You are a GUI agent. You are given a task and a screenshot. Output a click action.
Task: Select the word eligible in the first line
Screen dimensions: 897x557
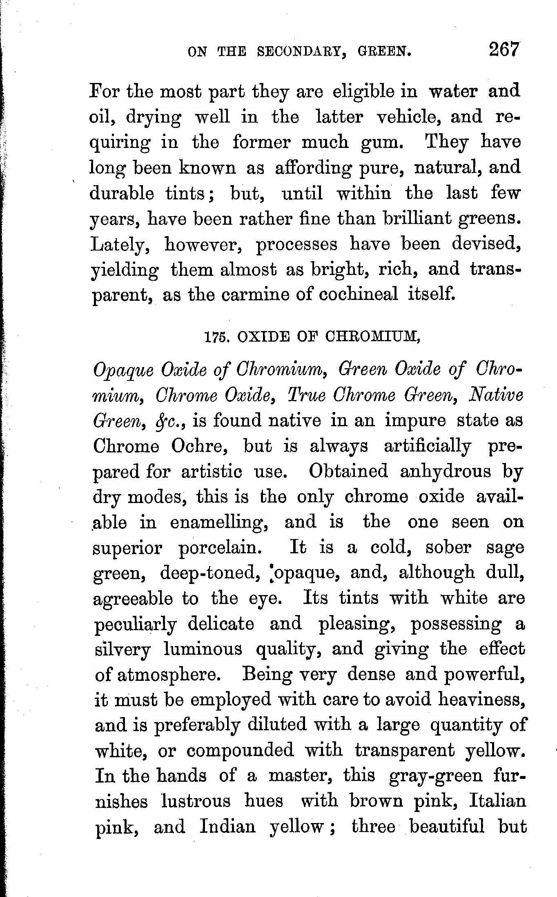pyautogui.click(x=364, y=92)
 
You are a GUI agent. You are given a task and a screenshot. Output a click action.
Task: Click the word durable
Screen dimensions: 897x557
pyautogui.click(x=122, y=193)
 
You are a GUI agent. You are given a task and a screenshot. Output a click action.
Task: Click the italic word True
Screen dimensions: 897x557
pyautogui.click(x=307, y=396)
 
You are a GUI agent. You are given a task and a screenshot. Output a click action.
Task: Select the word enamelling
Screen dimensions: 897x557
pyautogui.click(x=219, y=523)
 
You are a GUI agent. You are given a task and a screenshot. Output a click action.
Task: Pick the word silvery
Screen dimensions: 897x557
pyautogui.click(x=123, y=649)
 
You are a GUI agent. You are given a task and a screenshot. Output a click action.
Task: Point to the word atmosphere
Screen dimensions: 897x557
pyautogui.click(x=168, y=675)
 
